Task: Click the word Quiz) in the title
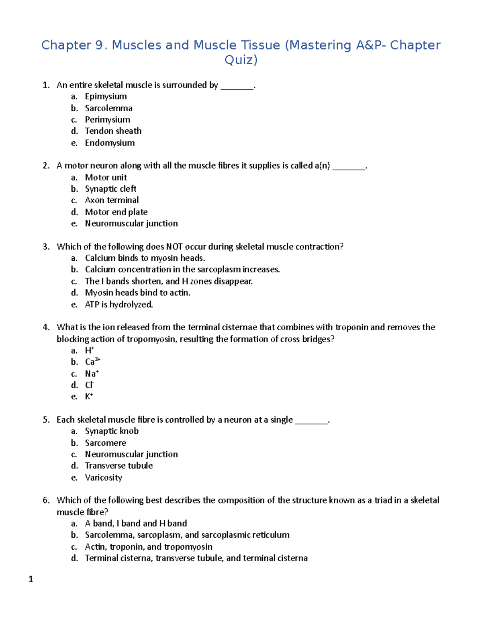pyautogui.click(x=241, y=60)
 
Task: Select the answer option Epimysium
pyautogui.click(x=106, y=96)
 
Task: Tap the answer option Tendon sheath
pyautogui.click(x=113, y=131)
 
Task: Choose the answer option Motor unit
pyautogui.click(x=106, y=178)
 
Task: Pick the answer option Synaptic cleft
pyautogui.click(x=110, y=189)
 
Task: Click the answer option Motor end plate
pyautogui.click(x=116, y=212)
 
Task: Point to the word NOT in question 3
pyautogui.click(x=174, y=247)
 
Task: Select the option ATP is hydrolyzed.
pyautogui.click(x=119, y=305)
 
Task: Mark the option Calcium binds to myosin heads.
pyautogui.click(x=145, y=258)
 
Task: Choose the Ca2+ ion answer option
pyautogui.click(x=92, y=362)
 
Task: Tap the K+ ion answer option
pyautogui.click(x=89, y=397)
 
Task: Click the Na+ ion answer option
pyautogui.click(x=92, y=374)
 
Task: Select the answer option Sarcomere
pyautogui.click(x=105, y=443)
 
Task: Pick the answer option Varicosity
pyautogui.click(x=103, y=478)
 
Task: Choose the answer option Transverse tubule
pyautogui.click(x=118, y=466)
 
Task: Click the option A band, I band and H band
pyautogui.click(x=136, y=524)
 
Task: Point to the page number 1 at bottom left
pyautogui.click(x=31, y=579)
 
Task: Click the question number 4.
pyautogui.click(x=46, y=327)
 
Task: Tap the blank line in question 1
pyautogui.click(x=237, y=86)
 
